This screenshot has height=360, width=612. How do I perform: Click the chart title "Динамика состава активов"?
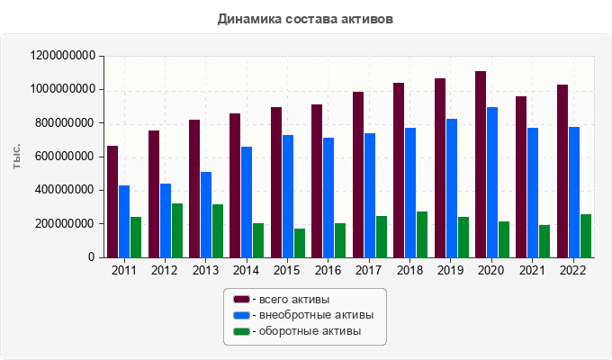pos(305,18)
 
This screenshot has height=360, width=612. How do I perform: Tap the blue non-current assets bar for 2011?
pos(124,221)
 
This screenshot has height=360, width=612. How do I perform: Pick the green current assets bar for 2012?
pos(177,230)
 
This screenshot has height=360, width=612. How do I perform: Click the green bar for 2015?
pos(300,243)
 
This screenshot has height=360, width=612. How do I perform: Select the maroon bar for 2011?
pos(112,202)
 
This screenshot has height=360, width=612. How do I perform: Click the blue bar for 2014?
pos(247,202)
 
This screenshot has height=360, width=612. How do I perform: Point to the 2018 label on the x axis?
pos(409,270)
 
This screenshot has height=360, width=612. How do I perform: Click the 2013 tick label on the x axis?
pos(205,270)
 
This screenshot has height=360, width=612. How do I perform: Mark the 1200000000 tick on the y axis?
pos(63,56)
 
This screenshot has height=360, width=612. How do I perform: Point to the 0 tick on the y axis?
pos(92,257)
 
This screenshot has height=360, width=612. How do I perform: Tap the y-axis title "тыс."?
pos(17,156)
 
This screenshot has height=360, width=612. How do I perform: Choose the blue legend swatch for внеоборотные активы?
pos(240,315)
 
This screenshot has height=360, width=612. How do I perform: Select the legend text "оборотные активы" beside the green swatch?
pos(310,331)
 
